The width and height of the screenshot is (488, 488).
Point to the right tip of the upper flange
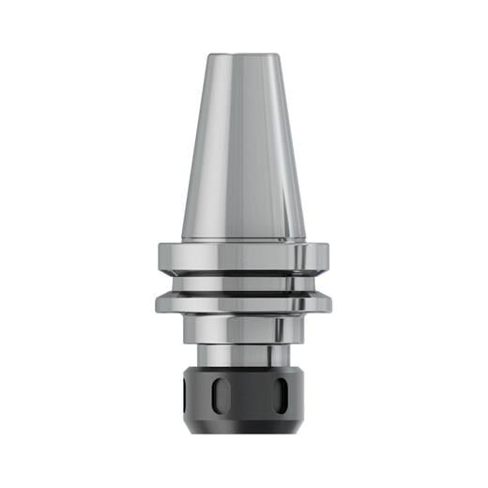(x=331, y=255)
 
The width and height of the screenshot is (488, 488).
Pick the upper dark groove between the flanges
(x=243, y=273)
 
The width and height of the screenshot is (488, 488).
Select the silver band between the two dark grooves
(x=243, y=282)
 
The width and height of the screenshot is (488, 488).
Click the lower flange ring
(x=243, y=303)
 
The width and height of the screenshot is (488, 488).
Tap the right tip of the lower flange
(x=331, y=302)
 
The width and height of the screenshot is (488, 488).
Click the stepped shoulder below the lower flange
(x=243, y=329)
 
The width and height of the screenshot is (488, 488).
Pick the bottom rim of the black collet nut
(x=243, y=427)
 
